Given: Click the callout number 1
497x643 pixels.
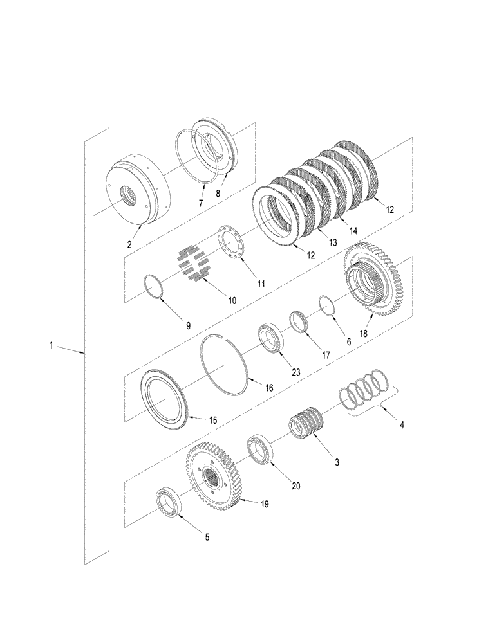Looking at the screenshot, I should (50, 345).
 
